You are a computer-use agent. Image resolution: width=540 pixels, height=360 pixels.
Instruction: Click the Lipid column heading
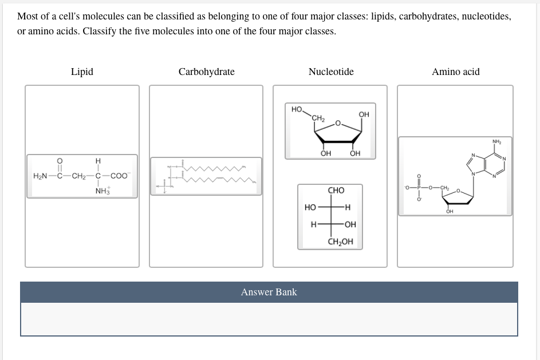82,72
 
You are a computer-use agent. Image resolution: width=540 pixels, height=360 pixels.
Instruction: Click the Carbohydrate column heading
206,72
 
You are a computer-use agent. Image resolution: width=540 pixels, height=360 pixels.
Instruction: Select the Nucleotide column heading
331,72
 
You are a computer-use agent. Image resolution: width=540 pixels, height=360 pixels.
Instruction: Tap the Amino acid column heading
455,72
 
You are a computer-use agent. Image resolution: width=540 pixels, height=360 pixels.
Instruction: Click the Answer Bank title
269,292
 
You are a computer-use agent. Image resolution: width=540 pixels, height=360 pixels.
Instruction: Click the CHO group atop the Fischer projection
336,190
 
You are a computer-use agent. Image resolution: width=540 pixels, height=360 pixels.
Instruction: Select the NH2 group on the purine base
496,142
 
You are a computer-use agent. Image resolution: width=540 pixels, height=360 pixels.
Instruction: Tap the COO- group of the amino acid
120,176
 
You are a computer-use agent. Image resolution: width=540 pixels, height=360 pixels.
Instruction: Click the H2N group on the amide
41,176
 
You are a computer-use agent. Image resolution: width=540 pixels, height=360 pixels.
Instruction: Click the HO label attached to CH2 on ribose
297,109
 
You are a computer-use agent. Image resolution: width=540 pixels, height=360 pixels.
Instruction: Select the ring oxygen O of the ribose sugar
338,122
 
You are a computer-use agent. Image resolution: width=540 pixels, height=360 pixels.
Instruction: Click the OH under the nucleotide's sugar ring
450,211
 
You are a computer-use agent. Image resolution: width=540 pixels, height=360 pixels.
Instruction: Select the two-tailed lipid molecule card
206,176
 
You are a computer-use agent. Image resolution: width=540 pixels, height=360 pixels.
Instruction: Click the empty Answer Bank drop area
269,319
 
